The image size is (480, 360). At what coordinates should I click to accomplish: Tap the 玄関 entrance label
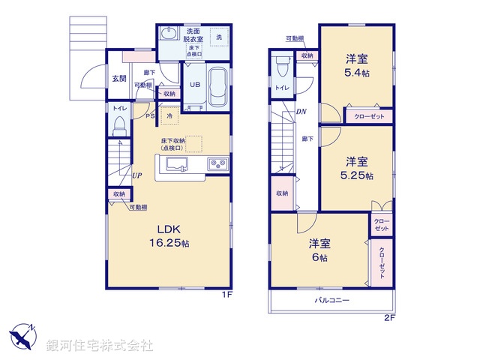[x=119, y=79]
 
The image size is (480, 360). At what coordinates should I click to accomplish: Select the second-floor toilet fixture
[x=282, y=66]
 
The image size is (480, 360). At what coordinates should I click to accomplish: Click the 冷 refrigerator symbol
[x=170, y=116]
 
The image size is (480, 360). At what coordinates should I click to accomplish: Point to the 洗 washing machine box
[x=220, y=38]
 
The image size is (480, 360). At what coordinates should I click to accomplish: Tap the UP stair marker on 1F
[x=137, y=175]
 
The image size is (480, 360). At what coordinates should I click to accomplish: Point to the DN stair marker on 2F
[x=301, y=112]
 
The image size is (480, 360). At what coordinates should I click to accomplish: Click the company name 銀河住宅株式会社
[x=100, y=346]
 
